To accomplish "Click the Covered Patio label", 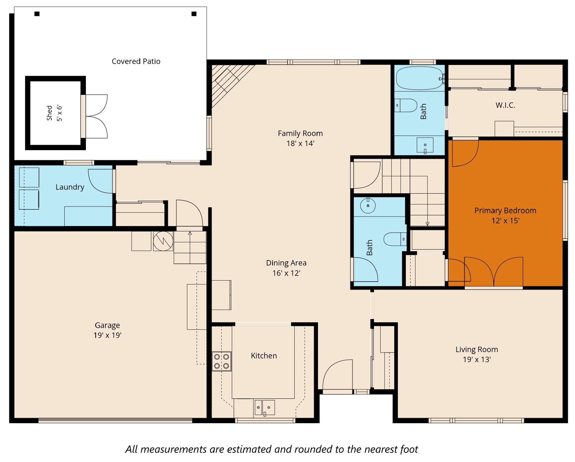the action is pos(136,61).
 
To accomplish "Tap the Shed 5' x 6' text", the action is pos(54,113).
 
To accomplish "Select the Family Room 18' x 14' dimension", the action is pos(300,143).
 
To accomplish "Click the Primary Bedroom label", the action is pos(505,211).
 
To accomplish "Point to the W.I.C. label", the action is pos(505,105).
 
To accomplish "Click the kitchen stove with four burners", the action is pos(221,361).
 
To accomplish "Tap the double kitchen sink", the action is pos(264,407).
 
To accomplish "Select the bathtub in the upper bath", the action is pos(419,78).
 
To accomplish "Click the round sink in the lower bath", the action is pos(368,205).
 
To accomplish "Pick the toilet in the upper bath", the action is pos(406,105).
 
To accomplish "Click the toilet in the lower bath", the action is pos(395,239).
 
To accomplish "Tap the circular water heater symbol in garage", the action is pos(163,241).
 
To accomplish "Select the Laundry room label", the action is pos(70,187).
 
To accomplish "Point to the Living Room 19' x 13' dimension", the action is pos(477,360).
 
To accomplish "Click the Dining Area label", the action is pos(286,263).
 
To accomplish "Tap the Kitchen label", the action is pos(264,356).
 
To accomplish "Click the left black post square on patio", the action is pos(37,14).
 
